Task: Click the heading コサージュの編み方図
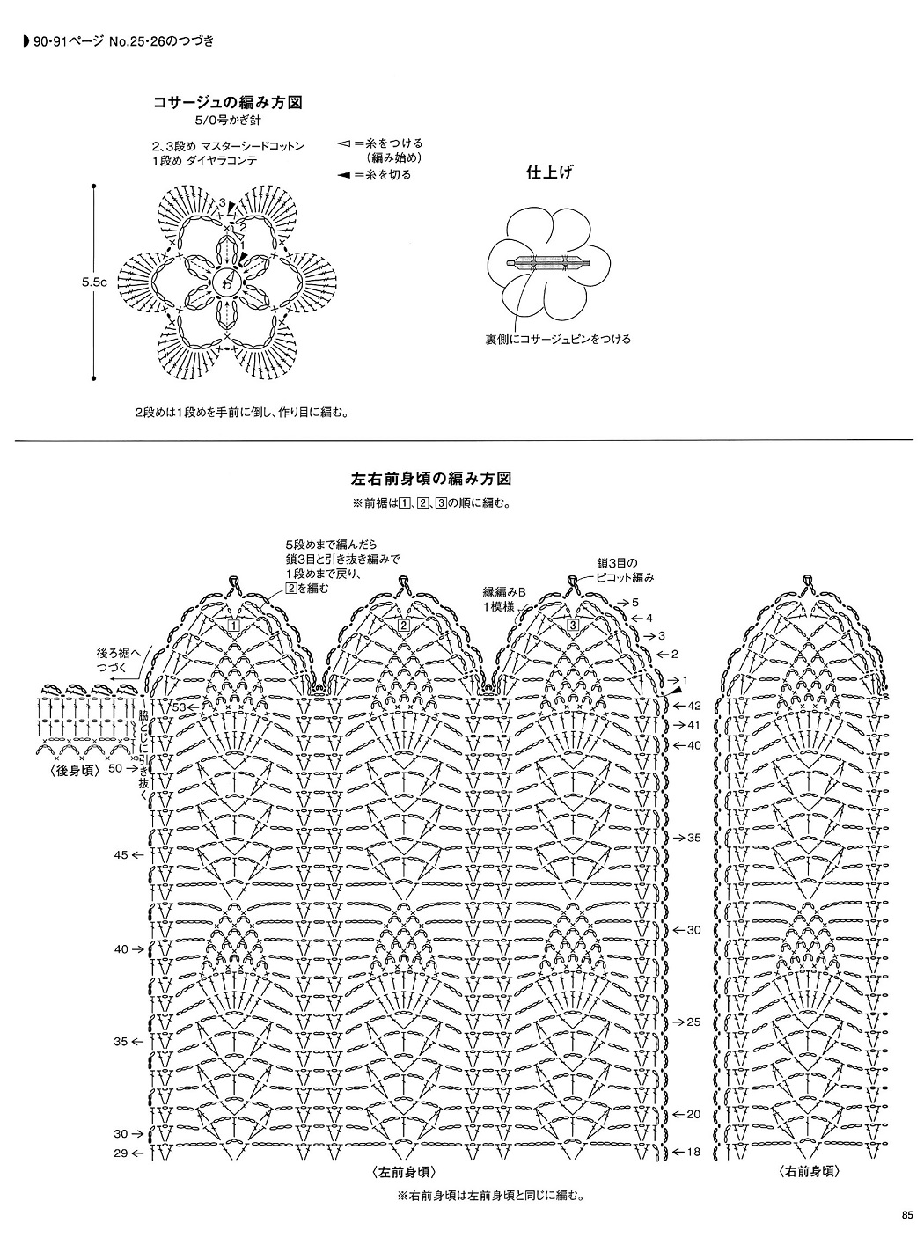[x=228, y=103]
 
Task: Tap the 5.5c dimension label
[x=94, y=282]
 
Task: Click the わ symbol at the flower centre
[x=227, y=282]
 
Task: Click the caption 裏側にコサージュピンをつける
[x=558, y=339]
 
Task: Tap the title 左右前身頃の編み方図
[x=431, y=480]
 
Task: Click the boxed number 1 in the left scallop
[x=234, y=626]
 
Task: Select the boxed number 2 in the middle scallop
[x=403, y=626]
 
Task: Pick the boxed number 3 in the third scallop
[x=572, y=626]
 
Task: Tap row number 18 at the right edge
[x=693, y=1152]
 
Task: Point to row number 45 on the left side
[x=121, y=854]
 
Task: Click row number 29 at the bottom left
[x=121, y=1152]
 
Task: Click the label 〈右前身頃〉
[x=808, y=1172]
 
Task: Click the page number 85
[x=907, y=1216]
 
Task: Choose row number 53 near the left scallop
[x=179, y=707]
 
